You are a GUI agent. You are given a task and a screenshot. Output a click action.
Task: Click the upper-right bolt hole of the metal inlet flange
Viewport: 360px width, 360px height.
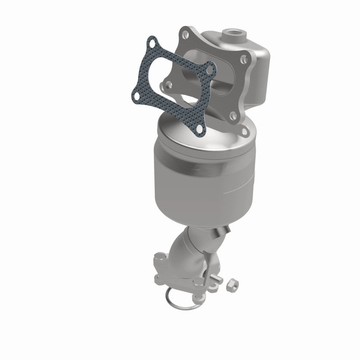click(243, 58)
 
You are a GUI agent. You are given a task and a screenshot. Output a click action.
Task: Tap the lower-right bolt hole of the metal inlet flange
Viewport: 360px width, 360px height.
click(234, 116)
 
